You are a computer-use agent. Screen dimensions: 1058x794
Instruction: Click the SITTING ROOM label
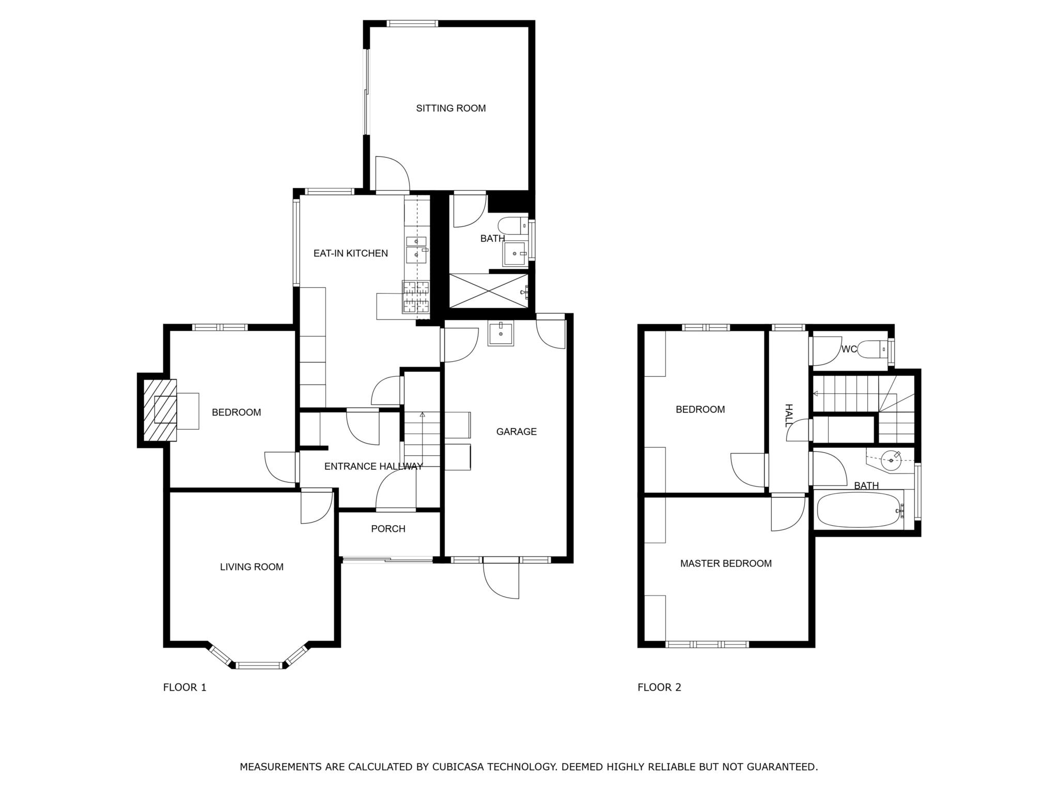[x=451, y=108]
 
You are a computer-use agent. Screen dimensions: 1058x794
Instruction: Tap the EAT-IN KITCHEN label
[x=351, y=253]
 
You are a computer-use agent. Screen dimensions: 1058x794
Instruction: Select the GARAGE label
[x=517, y=432]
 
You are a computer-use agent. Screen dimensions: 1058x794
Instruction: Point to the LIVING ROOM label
[x=252, y=567]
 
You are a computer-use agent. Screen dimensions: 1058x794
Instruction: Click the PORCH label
[x=388, y=529]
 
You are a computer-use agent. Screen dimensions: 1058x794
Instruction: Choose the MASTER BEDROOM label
[x=726, y=563]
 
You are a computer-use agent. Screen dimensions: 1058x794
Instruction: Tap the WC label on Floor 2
[x=849, y=349]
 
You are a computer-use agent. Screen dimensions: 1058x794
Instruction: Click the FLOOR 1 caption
[x=184, y=688]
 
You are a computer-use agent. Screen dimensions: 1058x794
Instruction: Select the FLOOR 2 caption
[x=659, y=688]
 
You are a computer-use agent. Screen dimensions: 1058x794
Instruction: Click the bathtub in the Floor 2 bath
[x=860, y=510]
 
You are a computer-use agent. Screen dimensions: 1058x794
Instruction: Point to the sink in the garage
[x=501, y=333]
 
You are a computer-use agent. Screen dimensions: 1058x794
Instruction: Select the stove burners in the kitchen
[x=416, y=297]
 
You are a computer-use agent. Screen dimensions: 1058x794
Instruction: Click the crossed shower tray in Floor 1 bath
[x=489, y=291]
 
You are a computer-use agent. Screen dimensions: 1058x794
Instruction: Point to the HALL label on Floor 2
[x=788, y=416]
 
